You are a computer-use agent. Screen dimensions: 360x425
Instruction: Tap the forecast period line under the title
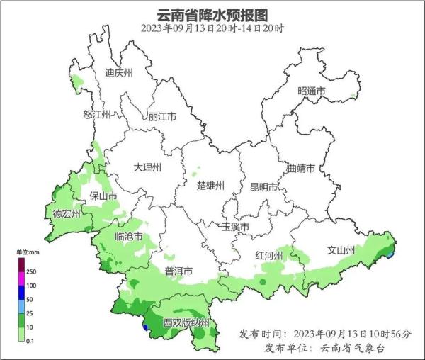(x=212, y=28)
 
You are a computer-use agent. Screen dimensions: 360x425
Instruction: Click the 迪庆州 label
(x=119, y=72)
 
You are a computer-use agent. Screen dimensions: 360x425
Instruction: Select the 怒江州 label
(x=98, y=114)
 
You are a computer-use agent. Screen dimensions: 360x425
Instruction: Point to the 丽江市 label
(x=162, y=117)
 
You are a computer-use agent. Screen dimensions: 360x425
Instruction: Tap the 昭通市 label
(x=312, y=91)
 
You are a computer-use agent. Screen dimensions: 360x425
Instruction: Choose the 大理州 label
(x=147, y=168)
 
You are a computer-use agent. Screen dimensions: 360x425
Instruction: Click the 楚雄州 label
(x=210, y=186)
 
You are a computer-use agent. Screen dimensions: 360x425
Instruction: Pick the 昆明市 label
(x=263, y=187)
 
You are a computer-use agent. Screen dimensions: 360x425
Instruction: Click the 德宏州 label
(x=67, y=213)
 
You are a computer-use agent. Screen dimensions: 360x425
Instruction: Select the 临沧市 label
(x=128, y=236)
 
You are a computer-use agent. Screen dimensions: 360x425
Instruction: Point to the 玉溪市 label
(x=235, y=227)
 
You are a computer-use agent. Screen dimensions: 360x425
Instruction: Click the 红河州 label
(x=269, y=255)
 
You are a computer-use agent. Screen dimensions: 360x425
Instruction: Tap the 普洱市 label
(x=178, y=271)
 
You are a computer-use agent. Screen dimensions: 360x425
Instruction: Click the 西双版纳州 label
(x=186, y=323)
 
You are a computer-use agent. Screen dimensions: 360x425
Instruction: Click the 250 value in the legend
(x=31, y=271)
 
